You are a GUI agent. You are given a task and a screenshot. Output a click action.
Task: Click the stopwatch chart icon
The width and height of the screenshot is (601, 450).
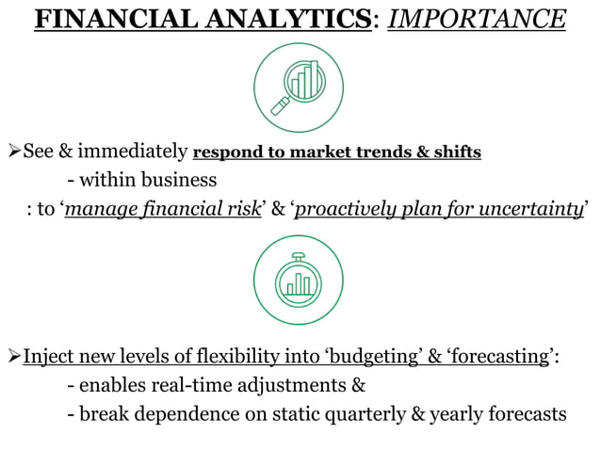coord(299,280)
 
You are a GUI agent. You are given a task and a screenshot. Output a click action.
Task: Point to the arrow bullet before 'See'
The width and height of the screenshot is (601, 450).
coord(12,153)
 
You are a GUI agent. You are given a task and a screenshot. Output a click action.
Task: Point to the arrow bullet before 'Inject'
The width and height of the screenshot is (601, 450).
coord(12,358)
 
